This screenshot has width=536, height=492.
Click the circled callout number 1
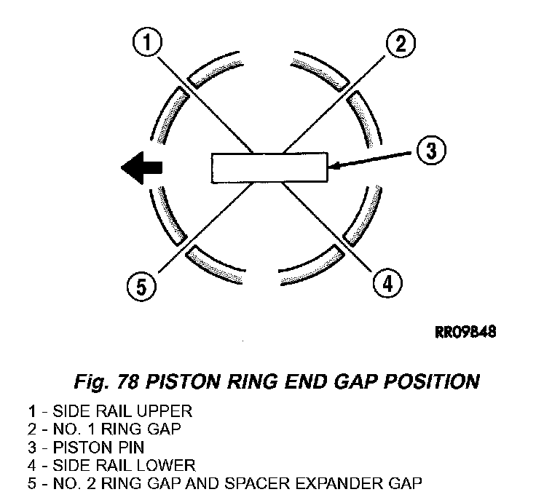coord(148,44)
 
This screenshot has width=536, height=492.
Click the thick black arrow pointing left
coord(142,167)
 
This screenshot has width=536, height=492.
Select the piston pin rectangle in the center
coord(269,167)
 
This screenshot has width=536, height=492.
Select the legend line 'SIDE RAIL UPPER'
coord(109,410)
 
